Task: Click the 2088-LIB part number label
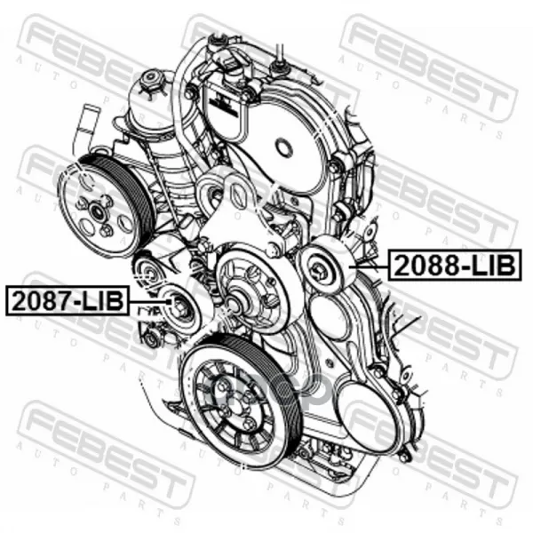[x=455, y=265]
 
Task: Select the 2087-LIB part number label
[x=68, y=301]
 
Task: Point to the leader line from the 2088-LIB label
[x=370, y=266]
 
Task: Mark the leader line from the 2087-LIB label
[x=150, y=301]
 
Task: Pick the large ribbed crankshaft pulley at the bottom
[x=241, y=401]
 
